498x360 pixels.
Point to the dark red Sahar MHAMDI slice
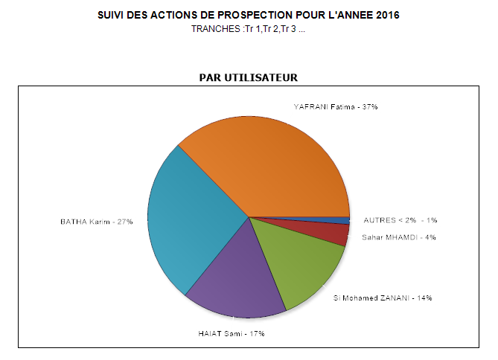coord(338,234)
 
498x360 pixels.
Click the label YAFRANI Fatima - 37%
coord(336,107)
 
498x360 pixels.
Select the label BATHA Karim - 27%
coord(96,221)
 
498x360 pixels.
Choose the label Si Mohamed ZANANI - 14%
coord(383,298)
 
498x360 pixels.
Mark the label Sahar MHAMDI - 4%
coord(399,237)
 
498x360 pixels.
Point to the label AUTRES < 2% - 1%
coord(400,220)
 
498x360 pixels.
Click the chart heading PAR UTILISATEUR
coord(248,77)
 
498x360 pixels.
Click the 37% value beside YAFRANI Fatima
coord(370,107)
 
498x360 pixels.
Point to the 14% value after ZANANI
coord(424,298)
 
